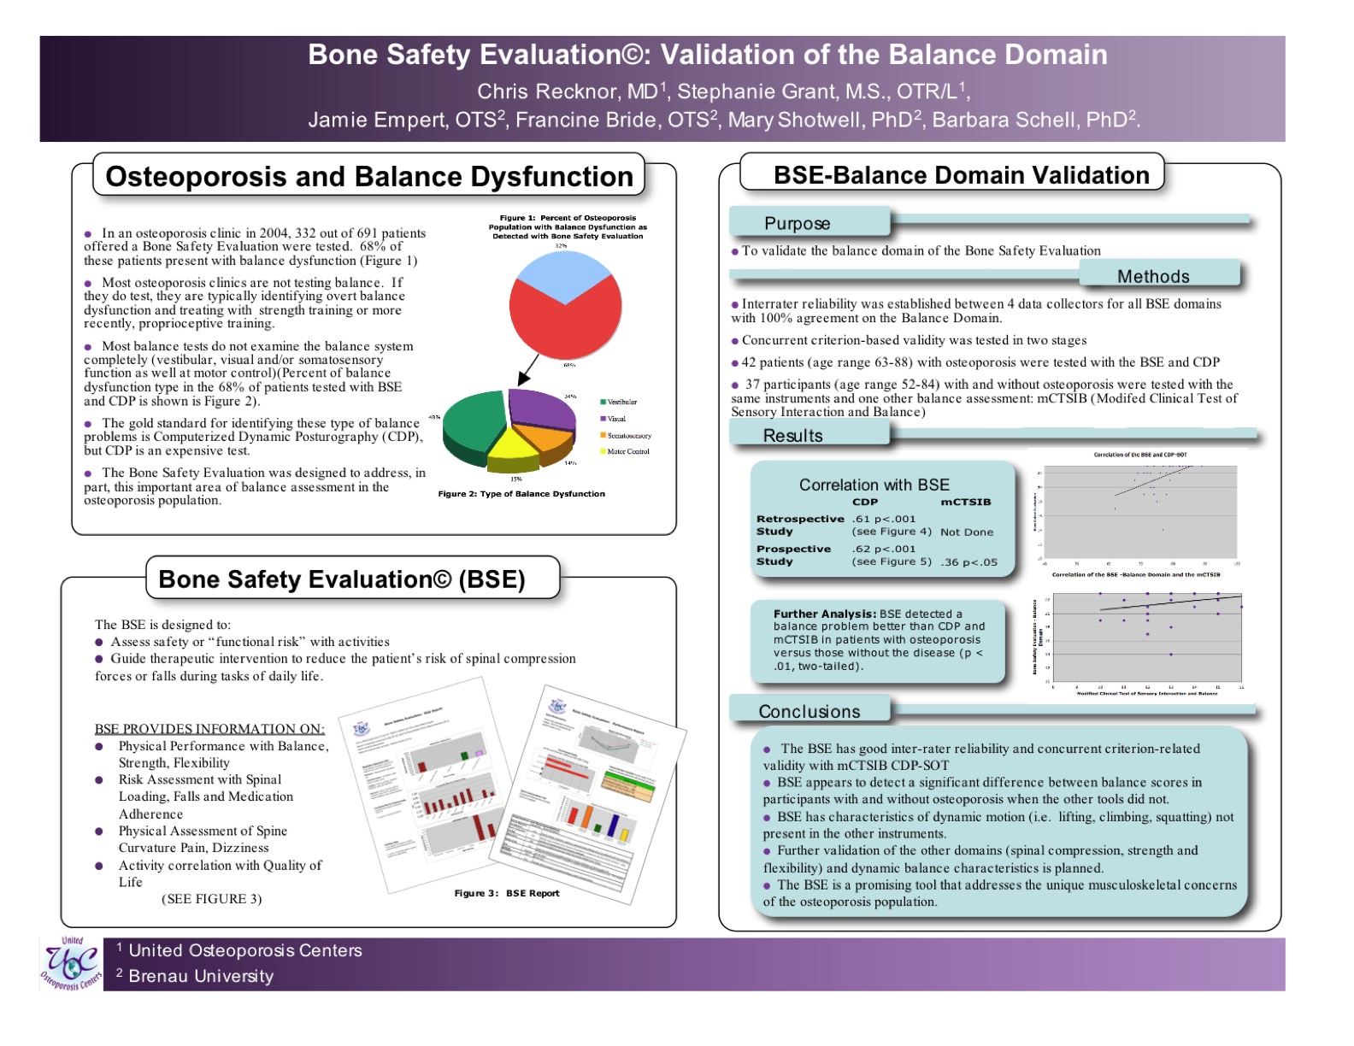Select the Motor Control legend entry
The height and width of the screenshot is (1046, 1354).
(626, 451)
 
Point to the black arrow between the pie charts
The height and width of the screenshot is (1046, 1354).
(528, 371)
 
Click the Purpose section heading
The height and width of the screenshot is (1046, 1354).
(798, 224)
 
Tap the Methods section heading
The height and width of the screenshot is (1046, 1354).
(1153, 276)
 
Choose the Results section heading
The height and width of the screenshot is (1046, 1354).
(793, 436)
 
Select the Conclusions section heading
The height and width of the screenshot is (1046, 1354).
(809, 712)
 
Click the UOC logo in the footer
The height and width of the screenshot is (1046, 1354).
(72, 964)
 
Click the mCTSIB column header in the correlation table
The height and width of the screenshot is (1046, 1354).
(966, 502)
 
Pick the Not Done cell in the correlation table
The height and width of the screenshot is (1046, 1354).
(967, 532)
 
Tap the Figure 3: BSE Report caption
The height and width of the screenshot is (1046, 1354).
(507, 893)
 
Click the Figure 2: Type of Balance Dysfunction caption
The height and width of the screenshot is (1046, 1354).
(521, 494)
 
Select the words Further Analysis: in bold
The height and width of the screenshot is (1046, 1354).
(825, 614)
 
